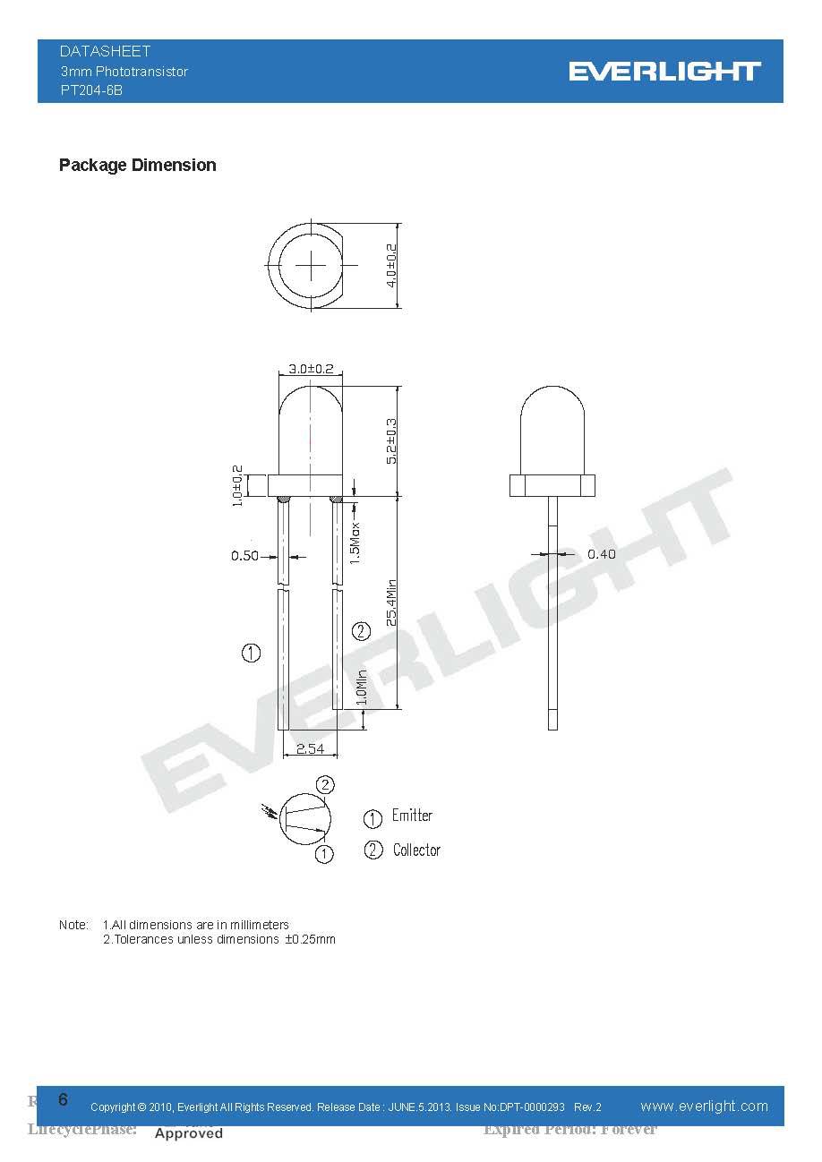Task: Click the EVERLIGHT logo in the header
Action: point(664,72)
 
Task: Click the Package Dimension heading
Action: point(137,165)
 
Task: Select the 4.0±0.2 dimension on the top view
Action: point(391,265)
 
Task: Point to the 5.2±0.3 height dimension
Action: point(391,440)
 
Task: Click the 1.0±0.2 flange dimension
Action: point(238,486)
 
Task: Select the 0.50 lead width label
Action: point(244,556)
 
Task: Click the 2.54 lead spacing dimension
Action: point(310,748)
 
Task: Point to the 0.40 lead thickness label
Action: point(601,554)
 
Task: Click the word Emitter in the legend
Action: point(412,816)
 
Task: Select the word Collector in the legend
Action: point(416,850)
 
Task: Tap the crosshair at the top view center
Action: point(312,265)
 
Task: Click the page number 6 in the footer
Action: point(63,1099)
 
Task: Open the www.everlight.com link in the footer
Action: point(704,1106)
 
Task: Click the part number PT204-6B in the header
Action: point(91,90)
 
